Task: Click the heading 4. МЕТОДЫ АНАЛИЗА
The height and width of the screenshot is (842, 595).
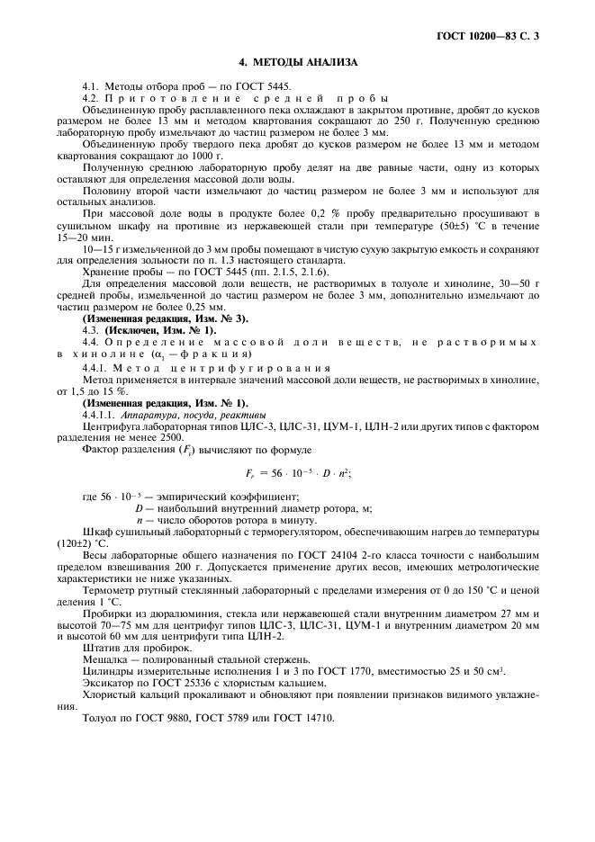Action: tap(297, 63)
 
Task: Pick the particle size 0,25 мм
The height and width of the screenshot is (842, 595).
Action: tap(194, 307)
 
